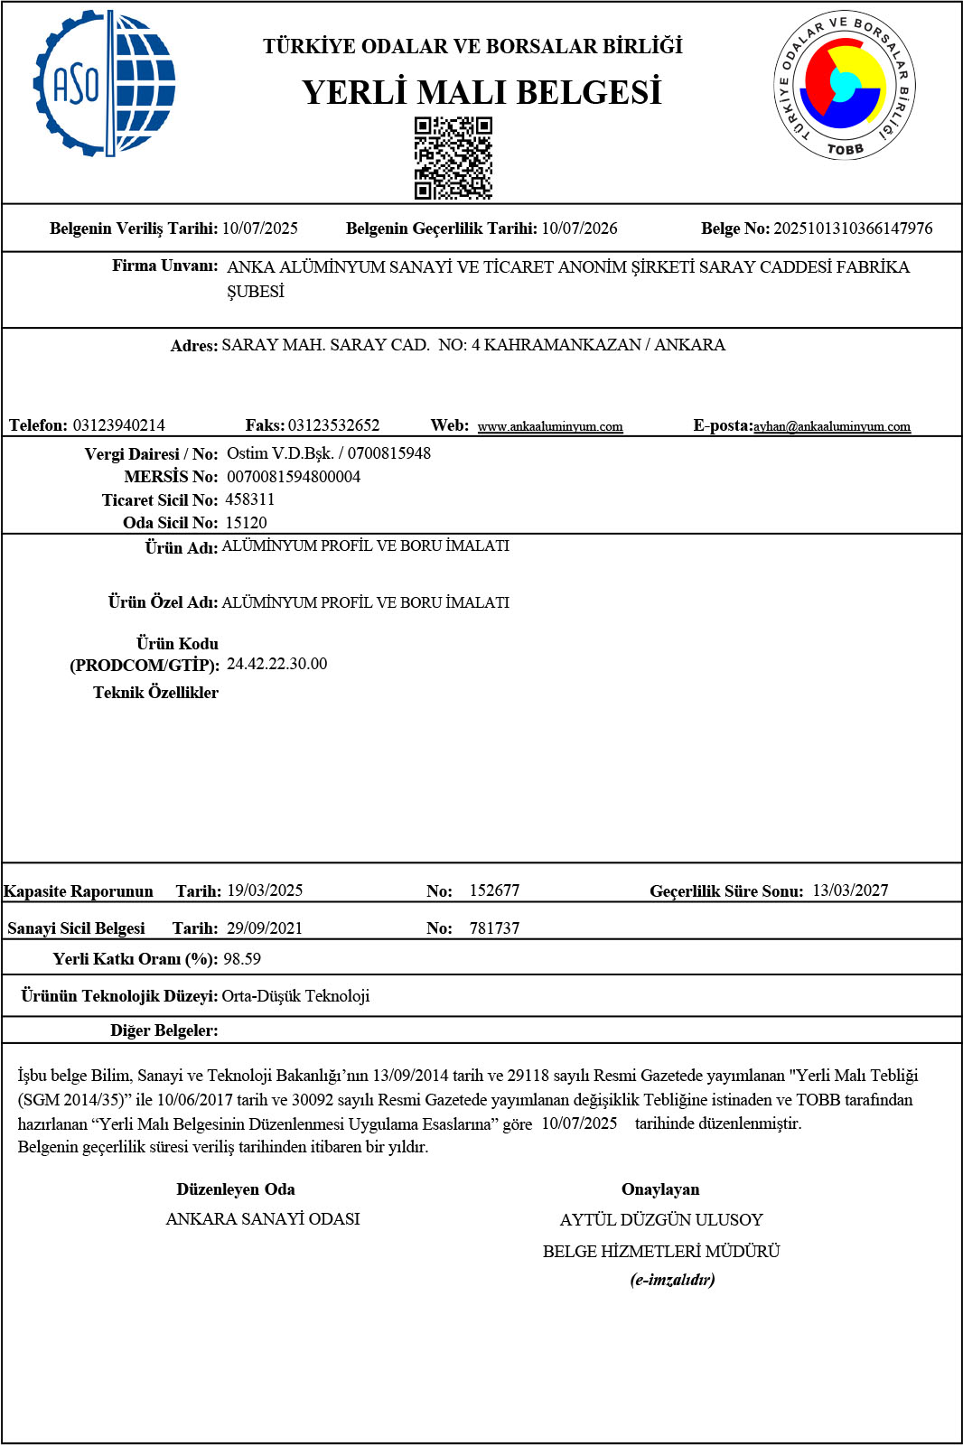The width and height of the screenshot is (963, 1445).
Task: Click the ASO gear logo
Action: click(104, 84)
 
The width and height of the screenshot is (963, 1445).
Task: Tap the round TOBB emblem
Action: click(844, 87)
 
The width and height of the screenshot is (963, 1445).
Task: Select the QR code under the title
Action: click(453, 158)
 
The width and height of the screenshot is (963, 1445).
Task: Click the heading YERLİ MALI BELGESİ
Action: click(481, 92)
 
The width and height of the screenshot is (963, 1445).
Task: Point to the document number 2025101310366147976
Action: click(853, 228)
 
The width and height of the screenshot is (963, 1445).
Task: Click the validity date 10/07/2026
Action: click(579, 228)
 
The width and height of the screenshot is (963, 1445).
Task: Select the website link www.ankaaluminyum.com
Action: click(549, 426)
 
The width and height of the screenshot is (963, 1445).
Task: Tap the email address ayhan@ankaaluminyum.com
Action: click(831, 426)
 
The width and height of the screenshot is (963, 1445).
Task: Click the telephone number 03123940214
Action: click(119, 425)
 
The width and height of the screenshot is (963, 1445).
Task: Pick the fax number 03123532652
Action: click(333, 425)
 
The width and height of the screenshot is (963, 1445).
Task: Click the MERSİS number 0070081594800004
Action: click(293, 477)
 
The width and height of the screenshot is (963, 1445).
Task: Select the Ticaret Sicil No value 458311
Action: click(250, 499)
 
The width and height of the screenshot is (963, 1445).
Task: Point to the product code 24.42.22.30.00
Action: click(276, 664)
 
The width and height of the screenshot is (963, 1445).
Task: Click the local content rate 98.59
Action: click(242, 959)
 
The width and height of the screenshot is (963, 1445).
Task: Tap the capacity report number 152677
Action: click(494, 890)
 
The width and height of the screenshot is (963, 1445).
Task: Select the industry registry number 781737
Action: click(494, 928)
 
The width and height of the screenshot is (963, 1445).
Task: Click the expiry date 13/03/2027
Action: click(850, 890)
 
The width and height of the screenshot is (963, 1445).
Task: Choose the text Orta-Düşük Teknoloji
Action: click(295, 996)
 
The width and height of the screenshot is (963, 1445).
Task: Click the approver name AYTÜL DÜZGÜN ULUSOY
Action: click(661, 1220)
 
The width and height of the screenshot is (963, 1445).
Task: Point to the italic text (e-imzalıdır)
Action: click(672, 1280)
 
